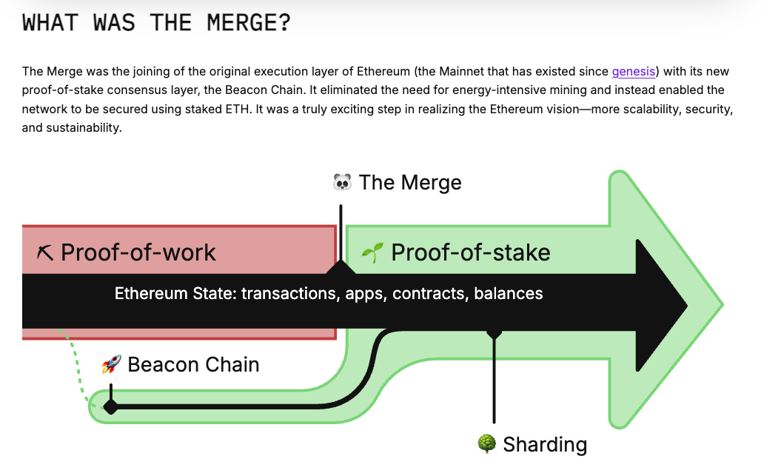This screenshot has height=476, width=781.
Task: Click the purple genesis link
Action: click(633, 71)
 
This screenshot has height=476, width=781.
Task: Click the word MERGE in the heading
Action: click(237, 22)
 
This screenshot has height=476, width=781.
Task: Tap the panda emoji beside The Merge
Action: click(342, 182)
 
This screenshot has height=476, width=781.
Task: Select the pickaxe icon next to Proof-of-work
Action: click(45, 253)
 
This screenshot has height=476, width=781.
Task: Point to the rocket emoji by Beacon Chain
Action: click(111, 364)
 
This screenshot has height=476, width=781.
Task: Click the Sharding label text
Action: click(545, 444)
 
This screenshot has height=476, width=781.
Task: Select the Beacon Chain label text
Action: click(193, 364)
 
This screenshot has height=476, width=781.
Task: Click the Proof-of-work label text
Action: click(138, 252)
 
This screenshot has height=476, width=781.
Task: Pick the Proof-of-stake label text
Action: click(470, 252)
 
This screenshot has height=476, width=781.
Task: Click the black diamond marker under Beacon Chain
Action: click(110, 406)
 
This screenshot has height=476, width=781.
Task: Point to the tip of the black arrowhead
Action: click(685, 304)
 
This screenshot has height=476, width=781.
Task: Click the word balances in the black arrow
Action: click(509, 294)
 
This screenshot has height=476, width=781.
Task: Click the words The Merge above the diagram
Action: click(410, 182)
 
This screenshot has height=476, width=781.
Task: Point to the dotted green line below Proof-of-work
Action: click(76, 367)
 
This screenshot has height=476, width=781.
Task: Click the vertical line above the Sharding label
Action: click(494, 385)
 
